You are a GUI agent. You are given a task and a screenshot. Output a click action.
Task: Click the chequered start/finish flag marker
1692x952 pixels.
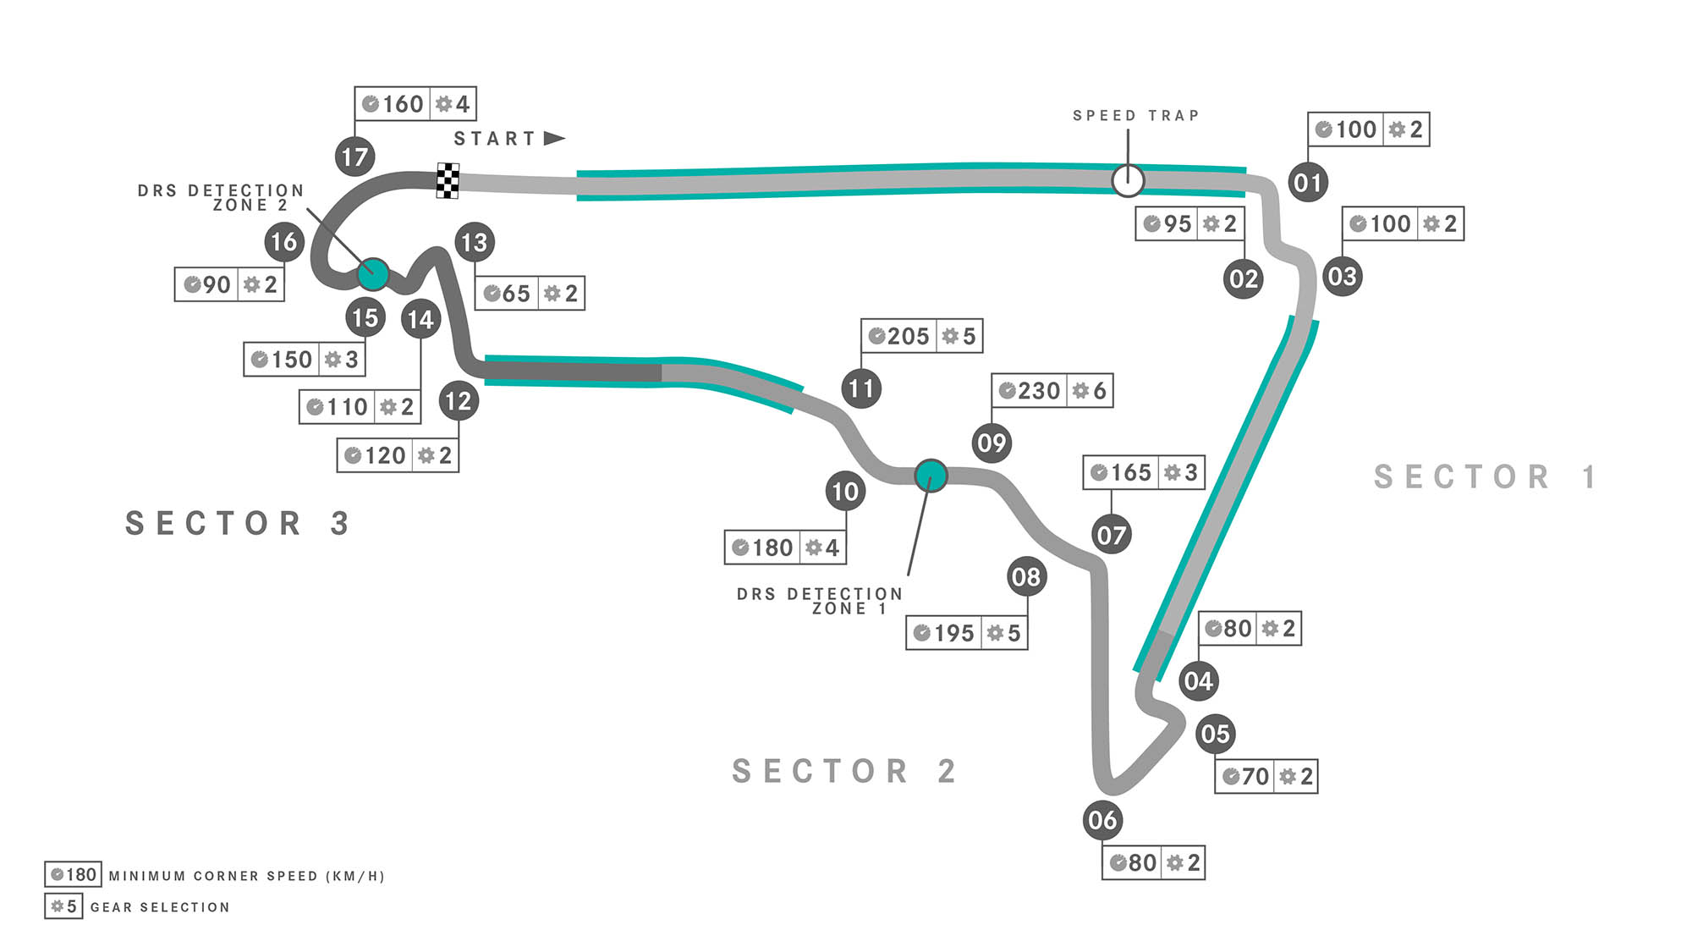[448, 180]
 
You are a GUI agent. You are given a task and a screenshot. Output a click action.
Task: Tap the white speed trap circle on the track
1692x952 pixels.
[1128, 180]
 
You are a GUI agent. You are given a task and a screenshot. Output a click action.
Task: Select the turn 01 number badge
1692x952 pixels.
[1308, 182]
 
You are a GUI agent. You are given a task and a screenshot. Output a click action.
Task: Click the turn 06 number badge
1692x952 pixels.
[1102, 820]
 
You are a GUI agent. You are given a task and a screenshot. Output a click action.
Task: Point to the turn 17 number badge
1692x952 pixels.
[354, 157]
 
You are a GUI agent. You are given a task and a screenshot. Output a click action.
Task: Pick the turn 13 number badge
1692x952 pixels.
[474, 243]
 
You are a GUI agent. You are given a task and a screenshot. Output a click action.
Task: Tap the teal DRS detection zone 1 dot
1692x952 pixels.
[931, 476]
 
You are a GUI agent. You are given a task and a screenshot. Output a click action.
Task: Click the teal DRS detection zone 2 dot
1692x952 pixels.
[373, 274]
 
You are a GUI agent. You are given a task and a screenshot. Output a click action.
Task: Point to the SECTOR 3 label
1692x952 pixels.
[238, 524]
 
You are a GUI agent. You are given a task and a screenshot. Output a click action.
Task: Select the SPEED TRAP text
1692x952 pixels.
[1136, 116]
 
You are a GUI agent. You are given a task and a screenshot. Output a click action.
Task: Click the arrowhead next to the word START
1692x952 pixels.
[554, 138]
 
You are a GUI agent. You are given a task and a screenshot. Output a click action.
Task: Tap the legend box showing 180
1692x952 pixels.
[73, 875]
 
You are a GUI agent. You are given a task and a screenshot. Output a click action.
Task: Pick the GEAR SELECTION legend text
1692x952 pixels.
[160, 907]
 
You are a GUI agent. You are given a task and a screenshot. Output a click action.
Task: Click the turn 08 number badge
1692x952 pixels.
[1026, 577]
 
